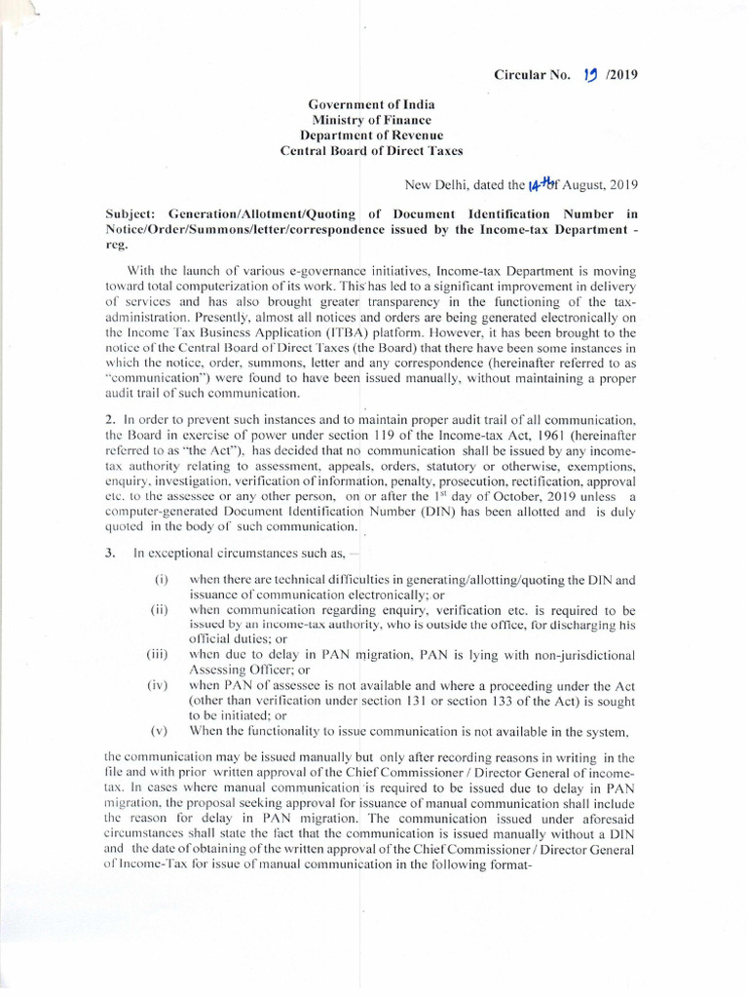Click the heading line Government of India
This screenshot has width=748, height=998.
(x=372, y=103)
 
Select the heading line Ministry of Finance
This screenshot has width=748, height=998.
(x=372, y=119)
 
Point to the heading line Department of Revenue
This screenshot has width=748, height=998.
(x=372, y=134)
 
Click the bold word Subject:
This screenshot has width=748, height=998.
(x=135, y=213)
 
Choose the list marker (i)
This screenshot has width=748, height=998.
(x=162, y=580)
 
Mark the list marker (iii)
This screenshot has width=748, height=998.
(x=158, y=654)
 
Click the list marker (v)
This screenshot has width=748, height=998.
(x=160, y=731)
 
